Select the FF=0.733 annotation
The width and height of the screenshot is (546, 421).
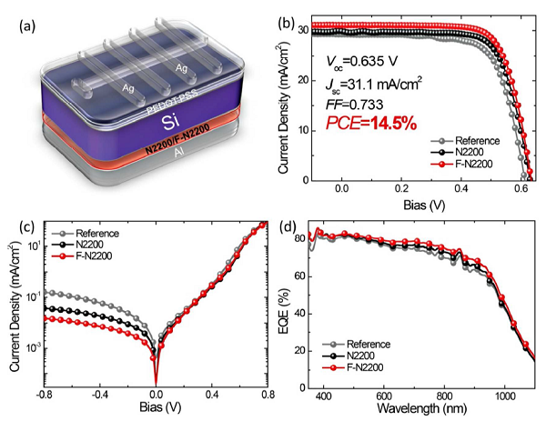[352, 103]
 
